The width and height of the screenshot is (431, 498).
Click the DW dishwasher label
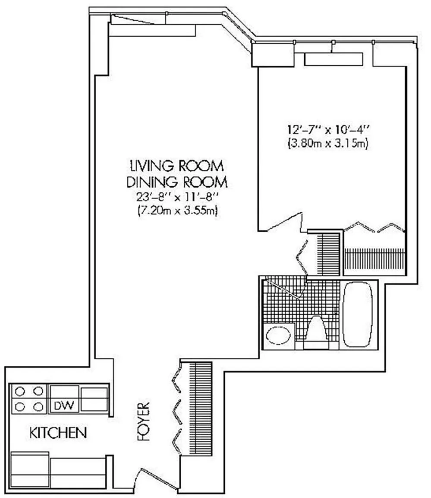pos(64,405)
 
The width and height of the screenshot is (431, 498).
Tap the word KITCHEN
pos(58,433)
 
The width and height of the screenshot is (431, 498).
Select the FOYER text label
pos(143,421)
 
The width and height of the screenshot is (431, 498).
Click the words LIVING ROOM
pos(177,166)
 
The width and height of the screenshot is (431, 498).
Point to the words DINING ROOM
pos(177,182)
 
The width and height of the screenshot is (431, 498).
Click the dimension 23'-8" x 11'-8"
pos(177,197)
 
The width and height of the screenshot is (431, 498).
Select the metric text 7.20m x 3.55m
pos(177,211)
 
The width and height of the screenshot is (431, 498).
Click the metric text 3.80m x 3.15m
pos(328,143)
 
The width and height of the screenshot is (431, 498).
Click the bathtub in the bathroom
pos(358,314)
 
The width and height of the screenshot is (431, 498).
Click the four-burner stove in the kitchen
pos(29,399)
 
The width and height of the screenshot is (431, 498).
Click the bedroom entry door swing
pos(283,222)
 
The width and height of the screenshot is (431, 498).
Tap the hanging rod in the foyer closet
pos(195,409)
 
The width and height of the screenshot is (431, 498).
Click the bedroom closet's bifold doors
pos(374,227)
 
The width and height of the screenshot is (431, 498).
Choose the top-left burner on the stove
pos(20,392)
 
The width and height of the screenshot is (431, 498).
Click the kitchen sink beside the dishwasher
pos(94,399)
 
